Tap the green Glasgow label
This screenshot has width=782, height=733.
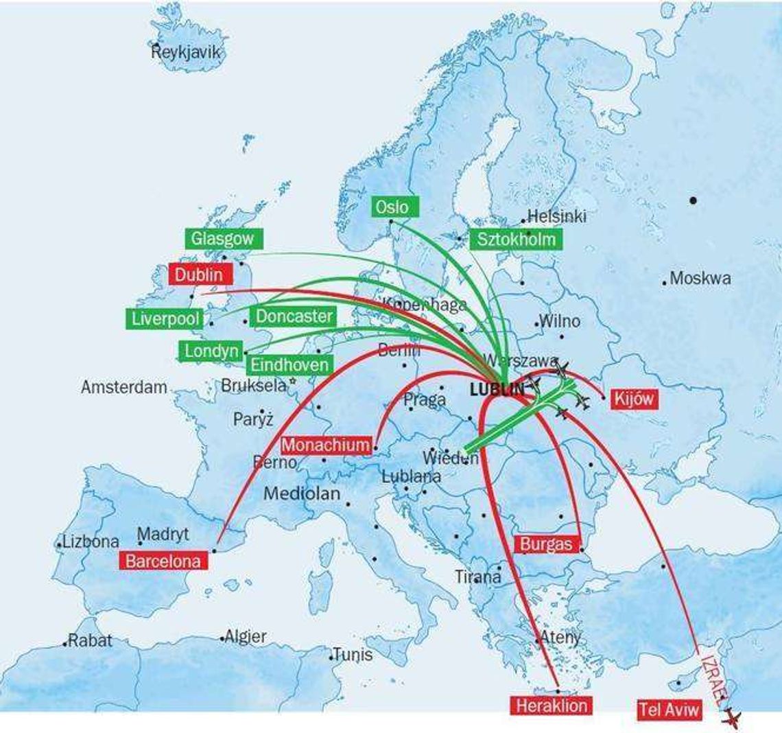click(x=223, y=238)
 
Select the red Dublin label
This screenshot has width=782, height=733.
click(x=198, y=275)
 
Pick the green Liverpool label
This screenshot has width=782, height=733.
click(x=165, y=318)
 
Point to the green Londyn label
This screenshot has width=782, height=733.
click(x=211, y=351)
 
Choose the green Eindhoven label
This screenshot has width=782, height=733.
click(x=289, y=364)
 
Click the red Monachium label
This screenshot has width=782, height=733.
click(x=325, y=445)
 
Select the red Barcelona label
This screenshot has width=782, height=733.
click(x=163, y=561)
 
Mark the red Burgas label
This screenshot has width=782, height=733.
click(x=545, y=544)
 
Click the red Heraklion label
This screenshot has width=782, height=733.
click(x=551, y=705)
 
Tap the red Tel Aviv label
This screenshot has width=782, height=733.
click(x=668, y=709)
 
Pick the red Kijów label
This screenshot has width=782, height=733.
click(x=634, y=399)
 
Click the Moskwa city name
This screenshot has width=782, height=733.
click(x=700, y=278)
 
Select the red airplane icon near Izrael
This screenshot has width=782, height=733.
click(x=731, y=719)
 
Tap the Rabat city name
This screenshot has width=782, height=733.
click(x=89, y=640)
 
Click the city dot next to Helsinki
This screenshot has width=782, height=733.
click(x=523, y=221)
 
